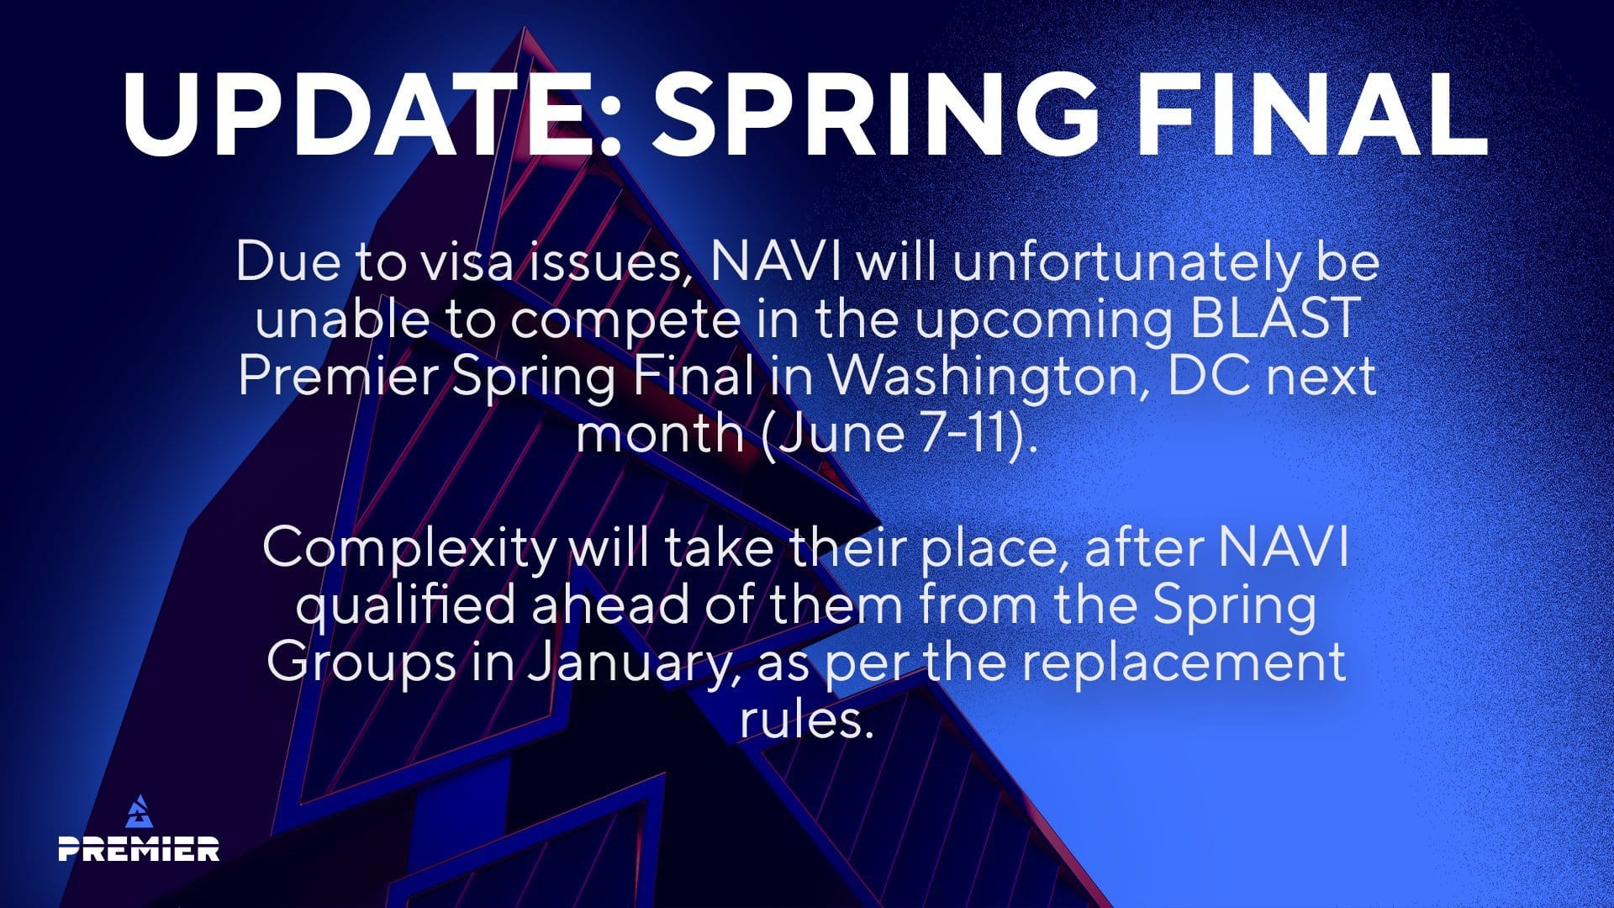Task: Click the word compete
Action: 625,319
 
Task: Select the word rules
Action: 803,719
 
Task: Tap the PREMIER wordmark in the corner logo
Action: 139,848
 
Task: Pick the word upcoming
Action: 1043,319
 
